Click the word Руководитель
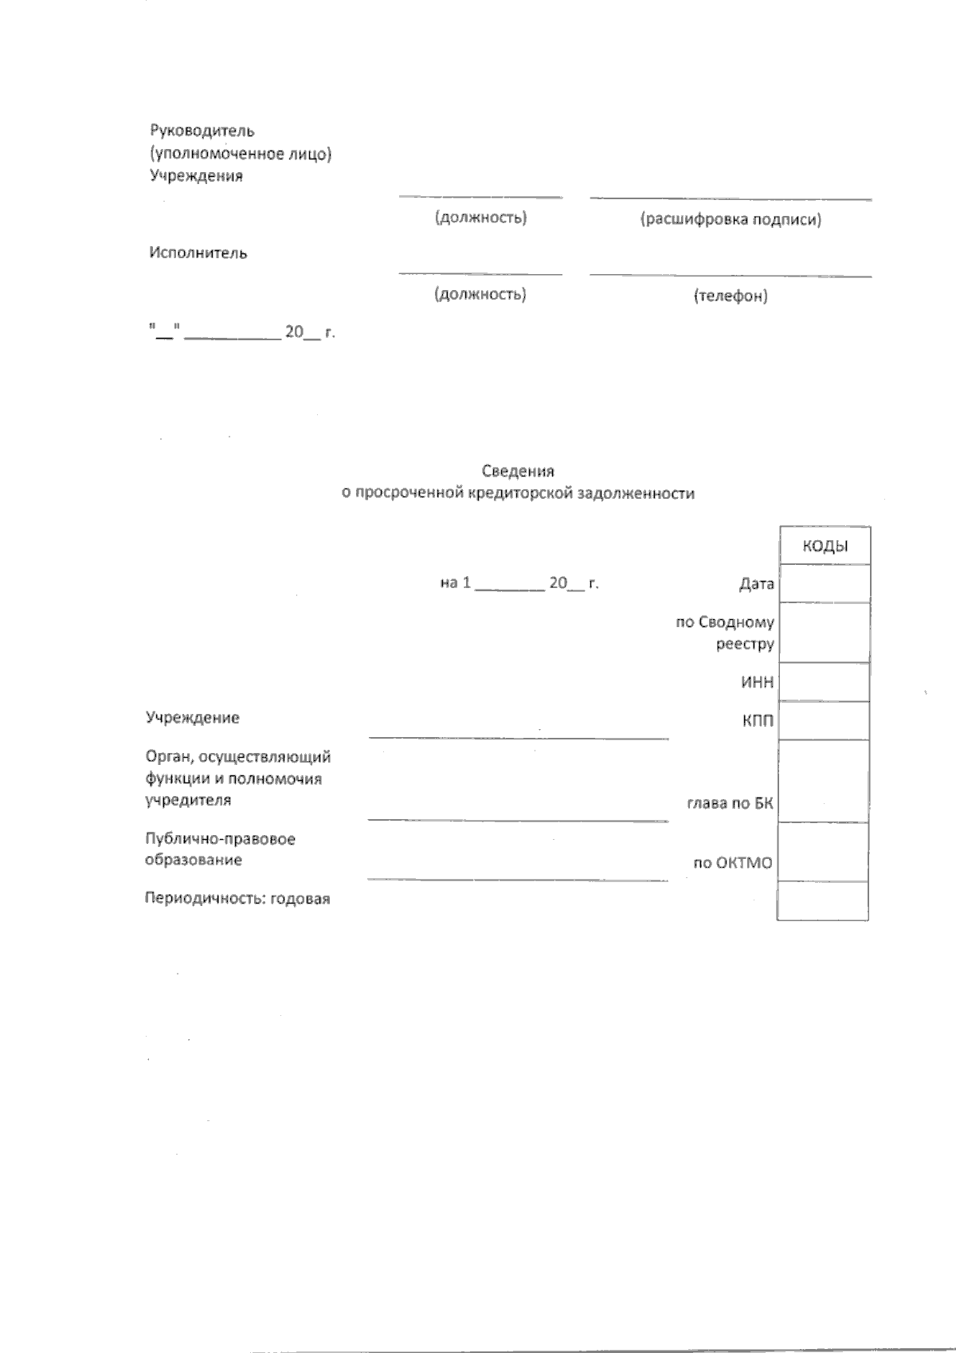[x=202, y=131]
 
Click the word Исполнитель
[x=198, y=253]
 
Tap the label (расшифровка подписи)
[x=731, y=219]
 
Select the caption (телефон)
[x=731, y=296]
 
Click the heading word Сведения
[x=518, y=472]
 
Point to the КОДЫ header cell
[x=825, y=547]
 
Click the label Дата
[x=756, y=584]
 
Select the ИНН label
[x=757, y=683]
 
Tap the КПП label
[x=758, y=722]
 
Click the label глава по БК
[x=730, y=803]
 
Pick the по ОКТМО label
[x=732, y=862]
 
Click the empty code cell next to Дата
[x=825, y=583]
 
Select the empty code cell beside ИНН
[x=825, y=682]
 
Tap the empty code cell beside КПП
[x=825, y=721]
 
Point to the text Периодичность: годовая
[x=237, y=899]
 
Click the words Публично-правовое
[x=220, y=839]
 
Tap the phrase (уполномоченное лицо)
[x=241, y=154]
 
